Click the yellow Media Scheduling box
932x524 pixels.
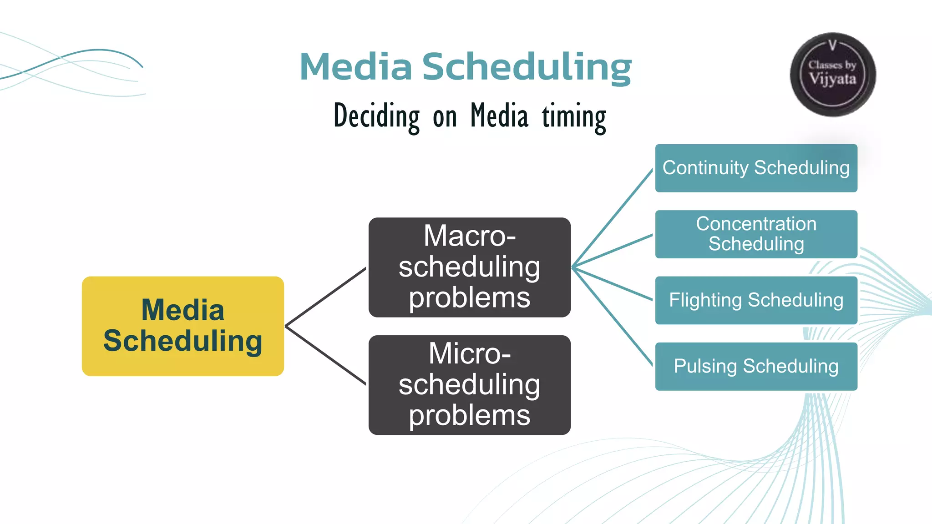[x=182, y=326]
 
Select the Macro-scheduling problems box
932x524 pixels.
[x=469, y=267]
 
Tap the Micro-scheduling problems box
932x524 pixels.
[x=469, y=385]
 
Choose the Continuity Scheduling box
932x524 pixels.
[x=756, y=168]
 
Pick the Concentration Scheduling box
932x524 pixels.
[x=756, y=234]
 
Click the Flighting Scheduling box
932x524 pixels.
[x=756, y=300]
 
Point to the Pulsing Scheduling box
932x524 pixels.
[x=756, y=366]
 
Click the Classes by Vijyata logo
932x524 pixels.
[x=832, y=75]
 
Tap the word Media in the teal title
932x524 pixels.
[x=355, y=67]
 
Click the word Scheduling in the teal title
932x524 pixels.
[x=527, y=67]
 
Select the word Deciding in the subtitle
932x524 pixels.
[x=376, y=116]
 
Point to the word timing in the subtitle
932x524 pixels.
[x=574, y=116]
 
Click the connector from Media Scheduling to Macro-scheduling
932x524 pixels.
[x=325, y=297]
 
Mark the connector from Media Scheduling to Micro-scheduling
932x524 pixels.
[x=325, y=355]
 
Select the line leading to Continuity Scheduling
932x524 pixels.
[x=613, y=218]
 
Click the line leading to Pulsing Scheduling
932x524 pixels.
[x=613, y=316]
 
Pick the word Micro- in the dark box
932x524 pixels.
[x=469, y=353]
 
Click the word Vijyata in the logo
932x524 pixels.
[x=832, y=79]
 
